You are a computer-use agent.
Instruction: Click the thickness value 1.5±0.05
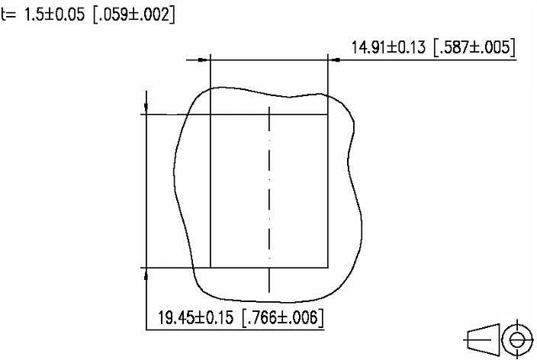[x=54, y=14]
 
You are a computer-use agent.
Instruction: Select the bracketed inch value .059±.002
[x=134, y=15]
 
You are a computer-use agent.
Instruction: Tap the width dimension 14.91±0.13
[x=389, y=47]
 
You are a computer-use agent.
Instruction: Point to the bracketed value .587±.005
[x=474, y=47]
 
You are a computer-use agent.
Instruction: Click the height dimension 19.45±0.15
[x=195, y=317]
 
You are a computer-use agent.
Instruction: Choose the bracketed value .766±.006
[x=283, y=317]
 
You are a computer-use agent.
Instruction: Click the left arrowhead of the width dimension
[x=204, y=60]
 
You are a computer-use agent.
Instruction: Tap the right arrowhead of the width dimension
[x=334, y=60]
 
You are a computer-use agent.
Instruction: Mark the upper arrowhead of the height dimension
[x=146, y=108]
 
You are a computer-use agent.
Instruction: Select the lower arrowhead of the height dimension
[x=146, y=273]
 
